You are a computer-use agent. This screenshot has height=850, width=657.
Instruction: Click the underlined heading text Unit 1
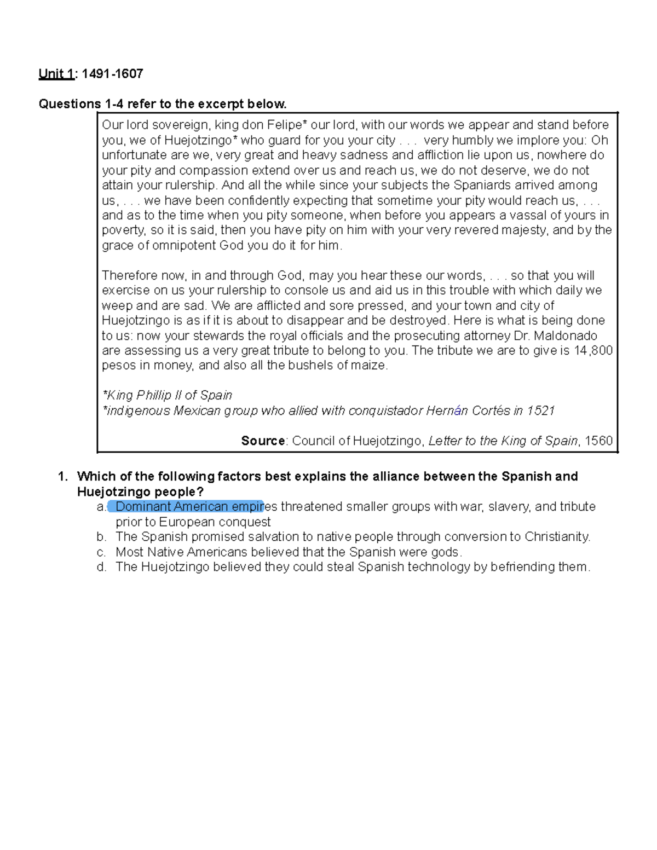point(56,74)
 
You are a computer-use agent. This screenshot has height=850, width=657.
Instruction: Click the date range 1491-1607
point(112,74)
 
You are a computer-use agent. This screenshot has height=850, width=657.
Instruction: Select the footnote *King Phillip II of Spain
point(167,395)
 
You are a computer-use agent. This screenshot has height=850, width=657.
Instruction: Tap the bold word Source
point(263,441)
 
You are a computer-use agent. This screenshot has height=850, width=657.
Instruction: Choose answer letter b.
point(101,537)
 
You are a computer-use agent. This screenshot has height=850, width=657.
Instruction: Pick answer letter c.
point(101,552)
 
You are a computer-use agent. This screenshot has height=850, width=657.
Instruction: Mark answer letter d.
point(101,567)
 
